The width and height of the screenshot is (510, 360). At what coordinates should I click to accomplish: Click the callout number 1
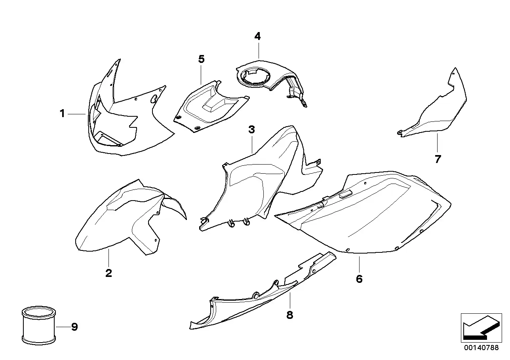tap(62, 114)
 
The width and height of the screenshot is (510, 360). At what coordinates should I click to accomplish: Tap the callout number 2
tap(108, 273)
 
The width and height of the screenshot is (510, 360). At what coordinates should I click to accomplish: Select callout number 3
tap(251, 129)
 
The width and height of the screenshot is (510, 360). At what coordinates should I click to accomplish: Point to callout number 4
tap(257, 36)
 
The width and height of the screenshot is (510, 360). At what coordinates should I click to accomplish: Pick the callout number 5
tap(201, 59)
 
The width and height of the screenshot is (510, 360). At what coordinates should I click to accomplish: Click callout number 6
tap(359, 279)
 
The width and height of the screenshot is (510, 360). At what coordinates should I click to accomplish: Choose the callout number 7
tap(438, 159)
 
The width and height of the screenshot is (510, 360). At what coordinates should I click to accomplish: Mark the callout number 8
tap(289, 315)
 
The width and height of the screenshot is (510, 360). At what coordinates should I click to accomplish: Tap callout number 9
tap(74, 327)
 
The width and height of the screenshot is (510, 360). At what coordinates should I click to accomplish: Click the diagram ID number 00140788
tap(481, 347)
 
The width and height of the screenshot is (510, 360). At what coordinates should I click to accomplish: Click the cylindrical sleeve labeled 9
tap(39, 325)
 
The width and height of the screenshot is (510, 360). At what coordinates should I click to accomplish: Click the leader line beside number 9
tap(63, 327)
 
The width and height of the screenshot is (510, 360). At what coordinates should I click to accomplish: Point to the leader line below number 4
tap(259, 51)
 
